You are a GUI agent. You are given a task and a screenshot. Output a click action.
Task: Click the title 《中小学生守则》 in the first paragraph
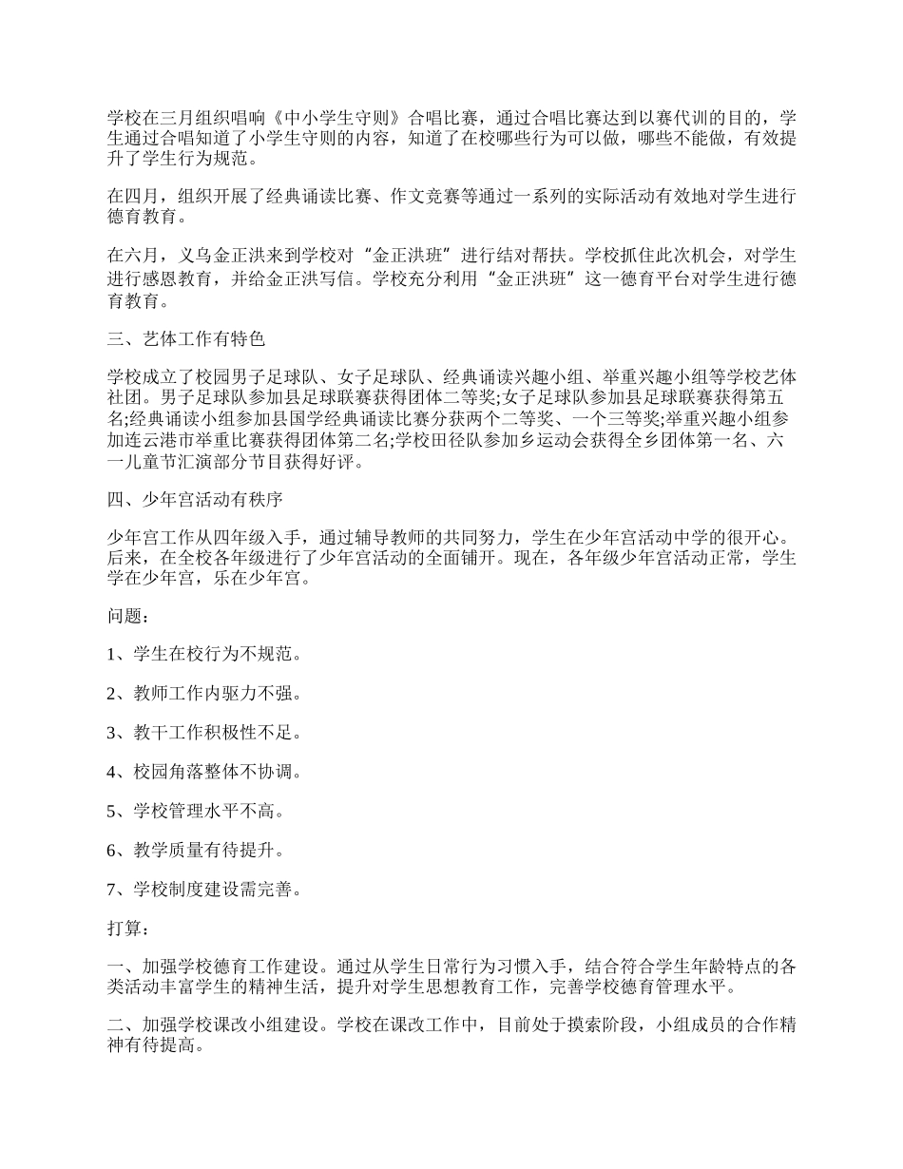pos(333,119)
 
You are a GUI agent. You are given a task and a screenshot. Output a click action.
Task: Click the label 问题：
pos(127,617)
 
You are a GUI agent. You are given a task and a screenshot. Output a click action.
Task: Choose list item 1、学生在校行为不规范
pos(204,655)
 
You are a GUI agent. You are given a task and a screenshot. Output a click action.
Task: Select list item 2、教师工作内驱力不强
pos(204,694)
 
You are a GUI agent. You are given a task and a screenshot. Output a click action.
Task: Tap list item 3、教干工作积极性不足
pos(204,733)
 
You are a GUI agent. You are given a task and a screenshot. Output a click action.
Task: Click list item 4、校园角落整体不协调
pos(204,772)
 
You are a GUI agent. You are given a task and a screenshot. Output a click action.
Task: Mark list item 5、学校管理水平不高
pos(196,811)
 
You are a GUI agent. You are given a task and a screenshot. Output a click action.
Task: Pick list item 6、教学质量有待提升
pos(196,850)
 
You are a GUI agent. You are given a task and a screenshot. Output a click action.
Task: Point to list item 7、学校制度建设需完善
pos(204,890)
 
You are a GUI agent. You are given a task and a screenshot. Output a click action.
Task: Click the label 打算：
pos(127,929)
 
